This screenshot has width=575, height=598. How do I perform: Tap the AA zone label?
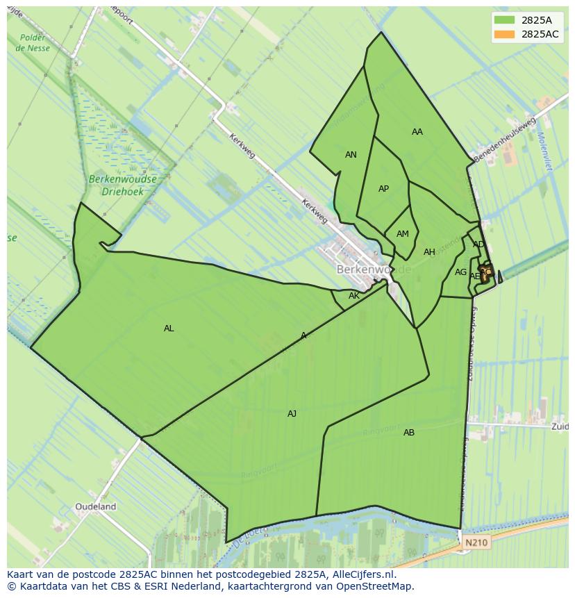[x=417, y=132]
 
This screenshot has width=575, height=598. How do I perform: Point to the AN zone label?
[x=351, y=155]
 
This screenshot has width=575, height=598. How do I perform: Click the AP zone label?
[x=383, y=189]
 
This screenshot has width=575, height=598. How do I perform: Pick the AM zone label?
[x=403, y=234]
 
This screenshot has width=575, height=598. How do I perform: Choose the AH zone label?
[x=429, y=252]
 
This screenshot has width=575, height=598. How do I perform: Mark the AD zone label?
[x=478, y=244]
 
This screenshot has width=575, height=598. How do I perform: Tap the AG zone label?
[x=460, y=272]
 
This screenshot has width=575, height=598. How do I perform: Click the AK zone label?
[x=354, y=296]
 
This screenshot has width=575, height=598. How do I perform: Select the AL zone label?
[x=169, y=329]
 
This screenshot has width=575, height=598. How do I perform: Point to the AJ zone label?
[x=292, y=414]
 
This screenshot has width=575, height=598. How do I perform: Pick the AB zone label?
[x=409, y=433]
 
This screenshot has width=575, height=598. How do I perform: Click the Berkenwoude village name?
[x=374, y=269]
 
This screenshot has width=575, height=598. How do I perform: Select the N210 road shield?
[x=476, y=542]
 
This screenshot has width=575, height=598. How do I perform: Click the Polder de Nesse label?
[x=33, y=43]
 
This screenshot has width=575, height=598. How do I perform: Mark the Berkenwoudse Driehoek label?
[x=122, y=185]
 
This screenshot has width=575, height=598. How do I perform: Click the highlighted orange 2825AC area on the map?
[x=486, y=271]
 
